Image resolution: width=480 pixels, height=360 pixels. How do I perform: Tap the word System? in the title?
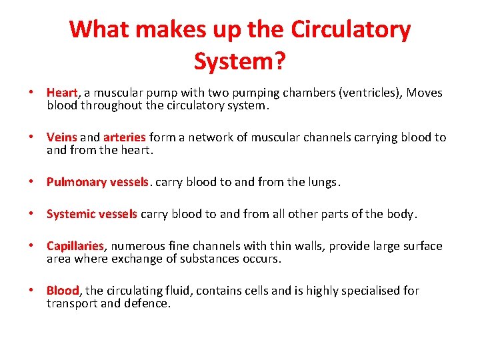(x=240, y=61)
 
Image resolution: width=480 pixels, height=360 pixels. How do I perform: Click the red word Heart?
(x=63, y=93)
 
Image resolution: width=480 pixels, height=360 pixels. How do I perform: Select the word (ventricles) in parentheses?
(x=369, y=93)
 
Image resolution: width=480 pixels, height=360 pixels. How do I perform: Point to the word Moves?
(x=425, y=93)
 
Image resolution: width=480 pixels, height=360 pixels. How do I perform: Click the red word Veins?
(x=62, y=137)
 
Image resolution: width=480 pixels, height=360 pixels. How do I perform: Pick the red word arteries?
(x=125, y=137)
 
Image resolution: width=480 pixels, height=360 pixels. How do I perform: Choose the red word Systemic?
(x=71, y=214)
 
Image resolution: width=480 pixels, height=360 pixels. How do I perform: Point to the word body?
(x=402, y=214)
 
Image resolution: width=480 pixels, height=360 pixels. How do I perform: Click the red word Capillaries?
(x=75, y=246)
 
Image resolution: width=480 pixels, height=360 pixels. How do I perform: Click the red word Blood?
(x=63, y=291)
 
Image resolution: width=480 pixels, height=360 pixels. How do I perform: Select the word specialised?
(x=369, y=291)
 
